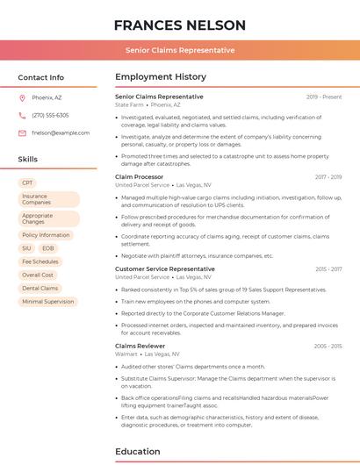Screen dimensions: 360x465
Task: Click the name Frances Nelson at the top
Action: (179, 25)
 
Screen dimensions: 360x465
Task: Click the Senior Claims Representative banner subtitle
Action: (179, 50)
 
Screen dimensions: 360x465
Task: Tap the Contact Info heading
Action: (41, 77)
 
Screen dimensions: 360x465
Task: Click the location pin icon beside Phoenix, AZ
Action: (22, 98)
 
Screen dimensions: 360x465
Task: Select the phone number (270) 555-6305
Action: (50, 115)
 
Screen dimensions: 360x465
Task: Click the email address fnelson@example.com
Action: (61, 132)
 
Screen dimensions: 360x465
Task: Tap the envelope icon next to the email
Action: (22, 132)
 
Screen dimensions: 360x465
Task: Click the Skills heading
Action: (28, 160)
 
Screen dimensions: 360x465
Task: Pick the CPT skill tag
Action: (27, 182)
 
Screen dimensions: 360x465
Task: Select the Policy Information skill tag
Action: (46, 235)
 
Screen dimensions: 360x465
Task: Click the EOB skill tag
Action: (49, 248)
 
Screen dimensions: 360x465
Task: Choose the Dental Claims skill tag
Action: (40, 288)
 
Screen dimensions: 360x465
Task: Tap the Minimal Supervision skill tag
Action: (48, 301)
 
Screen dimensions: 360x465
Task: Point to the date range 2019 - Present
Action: (324, 97)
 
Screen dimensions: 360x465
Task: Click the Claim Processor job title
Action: (140, 176)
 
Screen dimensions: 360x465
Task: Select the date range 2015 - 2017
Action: (328, 269)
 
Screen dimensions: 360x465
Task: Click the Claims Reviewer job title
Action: (140, 346)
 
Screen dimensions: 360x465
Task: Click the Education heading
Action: (138, 451)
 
